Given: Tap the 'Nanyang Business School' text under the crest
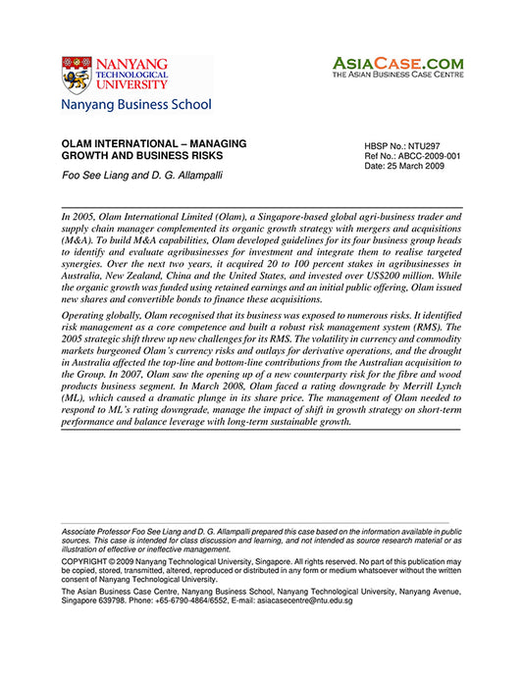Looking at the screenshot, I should pos(135,104).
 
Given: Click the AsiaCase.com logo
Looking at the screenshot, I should pos(397,62).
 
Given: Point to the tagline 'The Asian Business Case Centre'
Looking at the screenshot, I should pos(397,74).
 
